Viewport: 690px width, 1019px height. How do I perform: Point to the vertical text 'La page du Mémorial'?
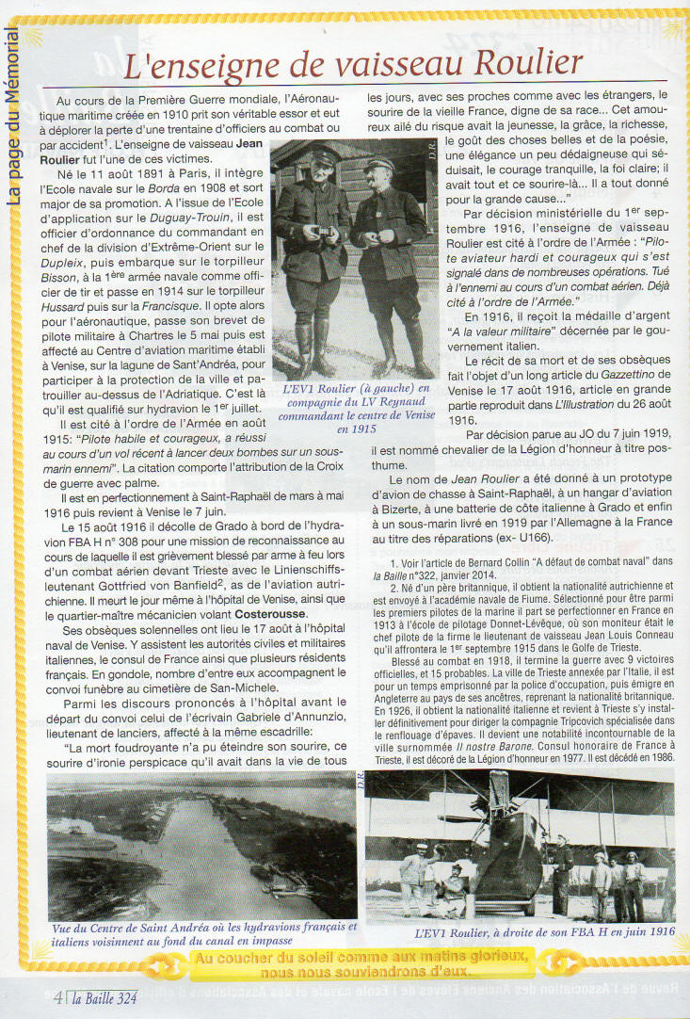pos(13,114)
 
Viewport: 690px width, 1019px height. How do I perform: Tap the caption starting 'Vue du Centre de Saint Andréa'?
pos(203,932)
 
